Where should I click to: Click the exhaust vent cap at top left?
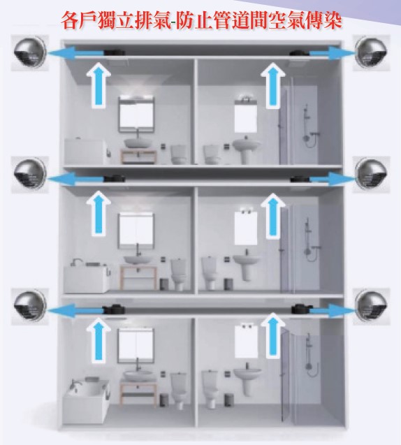click(30, 53)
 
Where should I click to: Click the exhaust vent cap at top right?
click(371, 53)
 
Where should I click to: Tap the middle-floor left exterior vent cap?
click(30, 175)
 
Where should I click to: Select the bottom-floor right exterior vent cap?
click(371, 307)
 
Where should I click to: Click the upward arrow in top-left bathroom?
click(99, 85)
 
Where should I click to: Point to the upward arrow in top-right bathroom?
click(272, 85)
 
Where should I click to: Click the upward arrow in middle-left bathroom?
click(99, 213)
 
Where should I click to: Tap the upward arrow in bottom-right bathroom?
click(272, 335)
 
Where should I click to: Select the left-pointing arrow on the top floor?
click(76, 53)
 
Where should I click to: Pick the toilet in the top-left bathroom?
click(179, 154)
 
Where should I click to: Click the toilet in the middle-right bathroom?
click(210, 272)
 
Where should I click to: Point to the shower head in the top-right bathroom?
click(306, 108)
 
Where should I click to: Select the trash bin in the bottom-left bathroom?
click(163, 400)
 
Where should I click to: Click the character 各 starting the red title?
click(69, 20)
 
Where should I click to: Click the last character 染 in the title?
click(333, 20)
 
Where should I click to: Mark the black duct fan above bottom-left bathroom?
click(114, 309)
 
